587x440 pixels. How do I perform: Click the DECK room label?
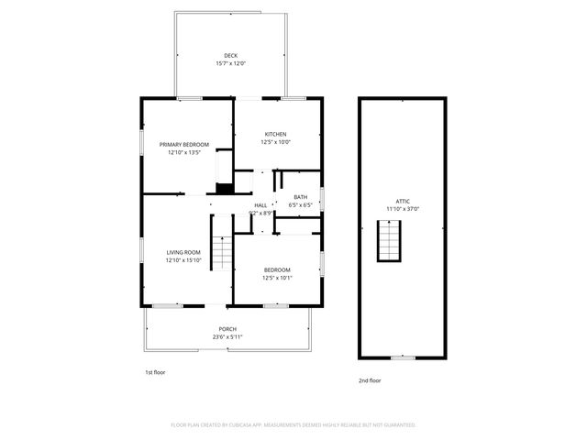(230, 56)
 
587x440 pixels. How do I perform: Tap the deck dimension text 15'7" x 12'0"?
(230, 64)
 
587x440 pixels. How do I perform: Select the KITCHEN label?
(276, 135)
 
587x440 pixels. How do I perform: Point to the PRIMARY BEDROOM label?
(184, 144)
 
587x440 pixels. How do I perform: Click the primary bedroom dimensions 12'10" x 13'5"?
(184, 152)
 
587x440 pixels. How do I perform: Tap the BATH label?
(301, 197)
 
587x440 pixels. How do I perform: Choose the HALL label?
(260, 204)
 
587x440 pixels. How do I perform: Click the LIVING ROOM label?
(183, 252)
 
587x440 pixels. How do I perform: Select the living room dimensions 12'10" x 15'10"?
(183, 260)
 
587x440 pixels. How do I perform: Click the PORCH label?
(227, 329)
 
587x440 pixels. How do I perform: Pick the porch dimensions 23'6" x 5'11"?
(227, 337)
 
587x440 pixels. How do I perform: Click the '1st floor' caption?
(155, 372)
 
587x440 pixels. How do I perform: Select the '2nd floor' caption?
(370, 379)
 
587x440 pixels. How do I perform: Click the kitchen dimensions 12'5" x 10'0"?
(276, 143)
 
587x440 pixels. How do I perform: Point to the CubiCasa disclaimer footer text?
(293, 424)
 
